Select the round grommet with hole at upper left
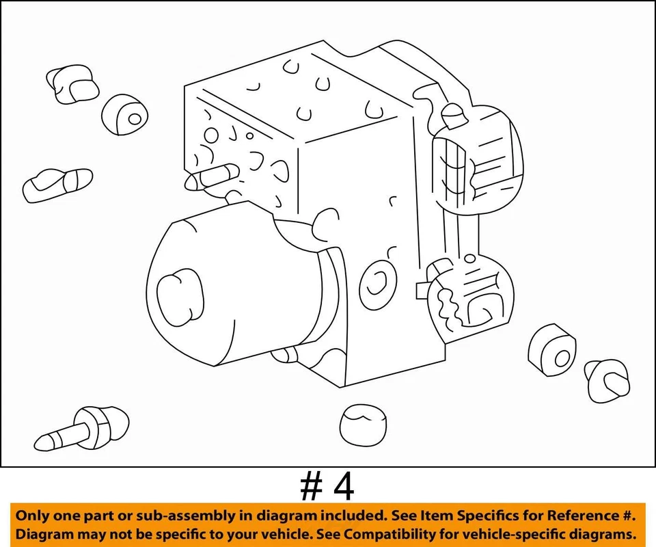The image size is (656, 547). [x=126, y=114]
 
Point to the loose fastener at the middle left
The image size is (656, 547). [x=57, y=183]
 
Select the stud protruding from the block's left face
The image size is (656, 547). [x=213, y=177]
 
